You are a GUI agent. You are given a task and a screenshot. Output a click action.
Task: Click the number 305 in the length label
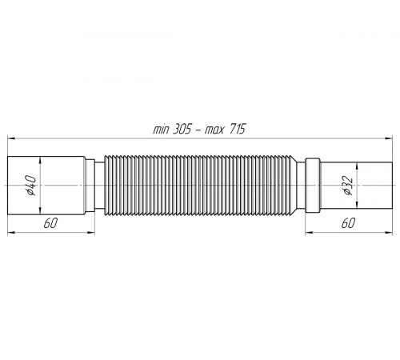click(x=182, y=130)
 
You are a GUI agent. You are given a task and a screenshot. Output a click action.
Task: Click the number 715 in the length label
click(x=236, y=130)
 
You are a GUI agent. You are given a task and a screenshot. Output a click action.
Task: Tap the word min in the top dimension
click(x=162, y=130)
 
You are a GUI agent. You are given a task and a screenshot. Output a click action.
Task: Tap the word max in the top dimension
click(x=214, y=130)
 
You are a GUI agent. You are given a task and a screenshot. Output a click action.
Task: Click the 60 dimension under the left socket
click(x=50, y=223)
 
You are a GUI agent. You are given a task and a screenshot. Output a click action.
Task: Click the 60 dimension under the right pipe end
click(x=348, y=223)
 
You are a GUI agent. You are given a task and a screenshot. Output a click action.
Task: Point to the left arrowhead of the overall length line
click(x=11, y=138)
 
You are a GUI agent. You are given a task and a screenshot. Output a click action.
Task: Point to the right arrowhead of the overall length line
click(x=389, y=138)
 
